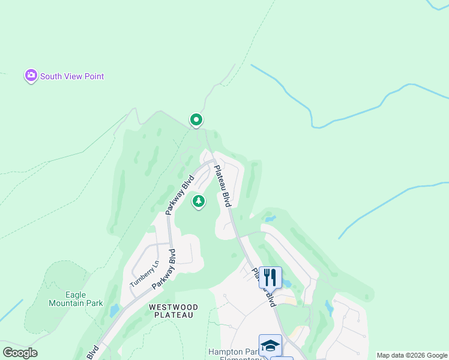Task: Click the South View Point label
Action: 71,77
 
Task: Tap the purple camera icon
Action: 31,76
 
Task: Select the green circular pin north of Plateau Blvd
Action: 196,120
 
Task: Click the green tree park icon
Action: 198,202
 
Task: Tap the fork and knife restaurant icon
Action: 270,277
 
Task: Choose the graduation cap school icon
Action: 270,345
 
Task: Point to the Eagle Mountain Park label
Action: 76,299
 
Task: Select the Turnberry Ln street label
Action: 145,273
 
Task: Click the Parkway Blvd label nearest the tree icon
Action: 180,194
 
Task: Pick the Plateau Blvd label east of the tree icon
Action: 223,187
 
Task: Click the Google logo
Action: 19,353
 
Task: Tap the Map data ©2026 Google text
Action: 412,355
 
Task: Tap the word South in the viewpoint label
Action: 51,77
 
